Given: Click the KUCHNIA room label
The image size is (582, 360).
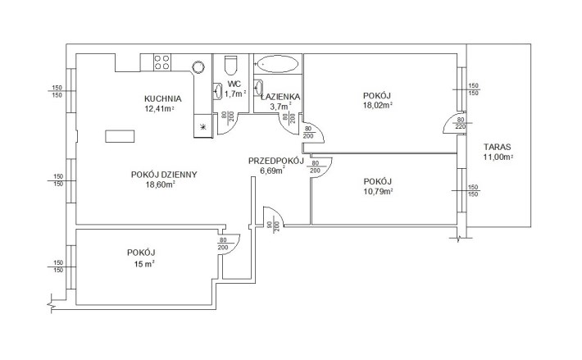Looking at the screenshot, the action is click(x=162, y=99).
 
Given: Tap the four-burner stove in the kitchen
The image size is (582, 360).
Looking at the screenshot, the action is click(x=162, y=62).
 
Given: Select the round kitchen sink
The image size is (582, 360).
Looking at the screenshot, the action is click(x=198, y=67).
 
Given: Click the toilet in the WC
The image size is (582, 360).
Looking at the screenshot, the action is click(x=230, y=64).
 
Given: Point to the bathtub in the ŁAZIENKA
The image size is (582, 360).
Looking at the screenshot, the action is click(x=277, y=64).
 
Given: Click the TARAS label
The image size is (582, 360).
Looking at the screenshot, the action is click(x=498, y=147).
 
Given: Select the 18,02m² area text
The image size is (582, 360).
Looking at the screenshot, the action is click(x=378, y=105).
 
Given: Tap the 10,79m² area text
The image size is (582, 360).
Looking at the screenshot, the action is click(x=378, y=192).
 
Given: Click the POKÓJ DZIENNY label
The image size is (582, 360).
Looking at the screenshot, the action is click(x=164, y=175).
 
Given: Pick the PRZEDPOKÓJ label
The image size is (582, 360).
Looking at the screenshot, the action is click(x=276, y=161).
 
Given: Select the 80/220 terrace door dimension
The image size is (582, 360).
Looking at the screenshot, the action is click(x=460, y=123).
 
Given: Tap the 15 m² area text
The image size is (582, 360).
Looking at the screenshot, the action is click(x=141, y=264).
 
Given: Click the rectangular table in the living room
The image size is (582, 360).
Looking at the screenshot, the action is click(x=120, y=136).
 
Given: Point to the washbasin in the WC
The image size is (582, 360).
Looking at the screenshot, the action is click(x=217, y=91).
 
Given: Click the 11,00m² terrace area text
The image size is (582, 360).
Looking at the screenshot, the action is click(x=498, y=157).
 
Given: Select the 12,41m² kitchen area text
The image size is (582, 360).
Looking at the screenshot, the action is click(x=160, y=109).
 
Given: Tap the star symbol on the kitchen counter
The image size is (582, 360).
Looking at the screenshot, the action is click(x=202, y=127).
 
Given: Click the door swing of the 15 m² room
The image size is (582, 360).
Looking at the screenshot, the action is click(x=234, y=246).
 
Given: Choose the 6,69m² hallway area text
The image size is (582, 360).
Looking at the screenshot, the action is click(x=273, y=171).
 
